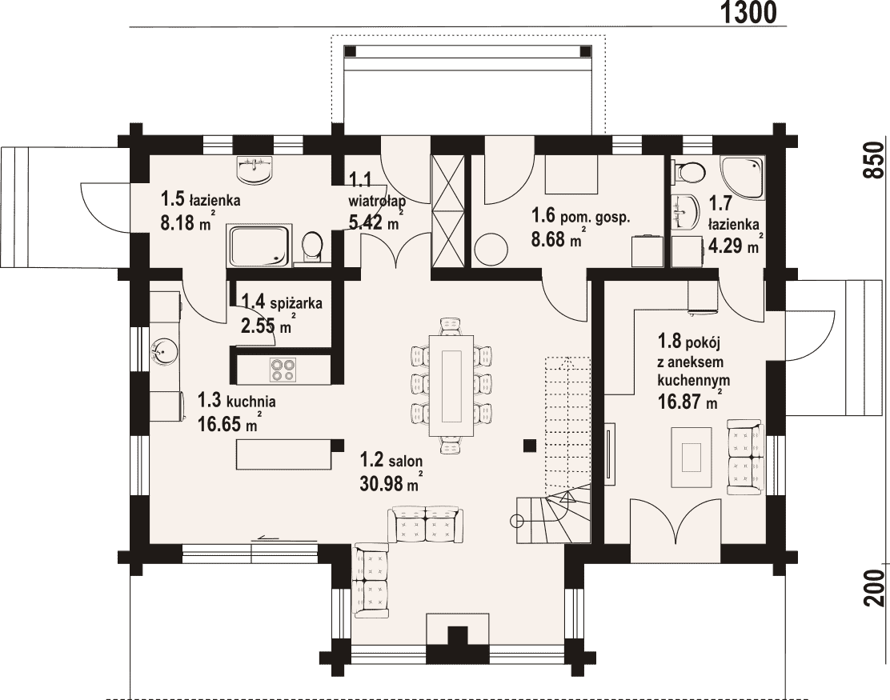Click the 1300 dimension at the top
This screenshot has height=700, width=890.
click(748, 13)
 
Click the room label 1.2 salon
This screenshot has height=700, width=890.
click(391, 460)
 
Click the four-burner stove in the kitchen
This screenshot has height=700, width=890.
click(283, 370)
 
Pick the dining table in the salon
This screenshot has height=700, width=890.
click(452, 386)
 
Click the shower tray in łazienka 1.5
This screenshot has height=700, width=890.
click(259, 246)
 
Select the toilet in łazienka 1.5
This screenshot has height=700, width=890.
click(311, 248)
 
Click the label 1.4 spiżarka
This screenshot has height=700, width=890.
click(282, 302)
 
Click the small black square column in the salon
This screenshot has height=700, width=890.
click(530, 446)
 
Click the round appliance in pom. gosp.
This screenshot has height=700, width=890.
click(491, 250)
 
